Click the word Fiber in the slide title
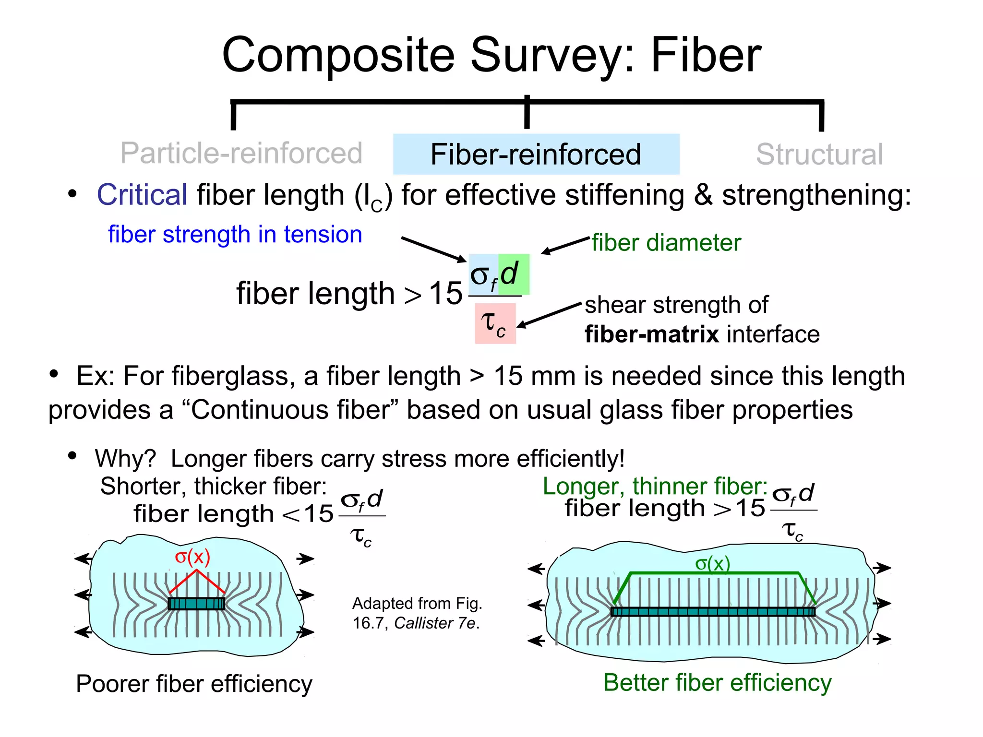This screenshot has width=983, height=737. (x=706, y=55)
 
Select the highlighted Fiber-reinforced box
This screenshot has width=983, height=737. (x=536, y=154)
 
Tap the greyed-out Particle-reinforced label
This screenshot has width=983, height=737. (x=241, y=153)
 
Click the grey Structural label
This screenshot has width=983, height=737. (x=819, y=154)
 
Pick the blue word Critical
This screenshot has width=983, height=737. (x=142, y=195)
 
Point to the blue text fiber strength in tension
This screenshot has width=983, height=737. (x=235, y=235)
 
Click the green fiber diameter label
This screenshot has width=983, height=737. (x=666, y=242)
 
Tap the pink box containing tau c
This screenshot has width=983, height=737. (x=495, y=323)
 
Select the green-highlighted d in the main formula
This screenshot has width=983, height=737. (x=513, y=274)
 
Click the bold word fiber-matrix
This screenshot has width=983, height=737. (x=651, y=334)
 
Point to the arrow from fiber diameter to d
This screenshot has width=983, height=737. (x=565, y=245)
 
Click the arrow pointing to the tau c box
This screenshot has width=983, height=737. (x=548, y=316)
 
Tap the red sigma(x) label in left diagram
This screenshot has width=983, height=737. (x=192, y=557)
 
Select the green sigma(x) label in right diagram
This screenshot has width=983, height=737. (x=712, y=563)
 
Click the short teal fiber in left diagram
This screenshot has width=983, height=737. (x=196, y=604)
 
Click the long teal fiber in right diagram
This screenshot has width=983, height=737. (x=712, y=611)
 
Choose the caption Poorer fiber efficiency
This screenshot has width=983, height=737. (x=194, y=683)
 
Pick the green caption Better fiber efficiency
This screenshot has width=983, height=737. (x=717, y=682)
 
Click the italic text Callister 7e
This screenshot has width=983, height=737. (x=436, y=623)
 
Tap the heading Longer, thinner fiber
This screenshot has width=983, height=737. (x=655, y=486)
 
